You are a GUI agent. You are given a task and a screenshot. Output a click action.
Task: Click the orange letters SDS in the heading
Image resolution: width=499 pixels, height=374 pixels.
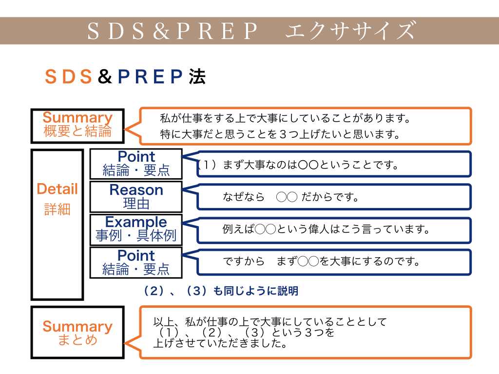(x=69, y=77)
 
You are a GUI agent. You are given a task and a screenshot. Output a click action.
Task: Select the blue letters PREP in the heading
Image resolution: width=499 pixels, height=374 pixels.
(x=151, y=77)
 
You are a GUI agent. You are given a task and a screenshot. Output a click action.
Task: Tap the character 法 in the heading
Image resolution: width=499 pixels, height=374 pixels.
(x=197, y=77)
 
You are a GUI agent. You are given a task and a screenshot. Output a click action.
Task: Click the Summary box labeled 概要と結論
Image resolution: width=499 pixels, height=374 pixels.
(x=77, y=125)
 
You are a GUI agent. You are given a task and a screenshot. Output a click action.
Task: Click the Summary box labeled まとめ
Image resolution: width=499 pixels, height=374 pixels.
(x=77, y=333)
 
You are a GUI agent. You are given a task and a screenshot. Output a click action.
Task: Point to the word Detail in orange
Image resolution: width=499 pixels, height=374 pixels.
(x=58, y=189)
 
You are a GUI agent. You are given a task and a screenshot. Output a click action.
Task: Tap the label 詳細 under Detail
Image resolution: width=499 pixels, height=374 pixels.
(x=58, y=209)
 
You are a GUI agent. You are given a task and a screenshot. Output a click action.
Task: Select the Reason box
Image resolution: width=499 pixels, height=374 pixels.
(x=136, y=196)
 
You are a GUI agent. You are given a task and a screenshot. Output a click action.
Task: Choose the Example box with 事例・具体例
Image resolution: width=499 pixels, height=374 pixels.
(x=136, y=229)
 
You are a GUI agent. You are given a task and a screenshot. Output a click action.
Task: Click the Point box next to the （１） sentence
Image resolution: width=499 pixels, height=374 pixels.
(x=136, y=164)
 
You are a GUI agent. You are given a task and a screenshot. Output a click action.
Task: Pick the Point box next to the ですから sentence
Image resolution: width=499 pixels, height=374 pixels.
(x=136, y=262)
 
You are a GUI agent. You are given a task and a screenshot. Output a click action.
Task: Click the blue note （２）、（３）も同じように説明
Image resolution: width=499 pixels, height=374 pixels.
(x=220, y=291)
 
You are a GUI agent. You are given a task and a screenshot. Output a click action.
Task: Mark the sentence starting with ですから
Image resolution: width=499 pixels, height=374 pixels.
(x=322, y=262)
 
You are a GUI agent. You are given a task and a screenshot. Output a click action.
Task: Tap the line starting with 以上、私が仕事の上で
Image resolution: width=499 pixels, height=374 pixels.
(x=270, y=322)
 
